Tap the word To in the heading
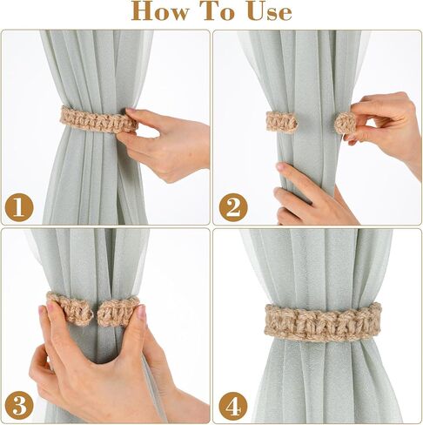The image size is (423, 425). coord(224,11)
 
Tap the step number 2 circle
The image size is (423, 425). coord(232,207)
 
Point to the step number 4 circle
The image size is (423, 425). coord(232,404)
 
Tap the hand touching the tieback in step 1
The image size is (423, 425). coord(165,139)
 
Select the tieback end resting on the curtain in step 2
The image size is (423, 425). coord(281,123)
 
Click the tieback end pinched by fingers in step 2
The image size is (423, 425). coord(346,124)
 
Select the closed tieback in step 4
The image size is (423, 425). coord(322,321)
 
